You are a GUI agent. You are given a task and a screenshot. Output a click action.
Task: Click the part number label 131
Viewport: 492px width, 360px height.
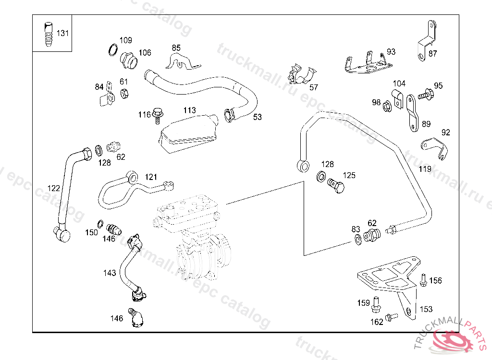[63, 34]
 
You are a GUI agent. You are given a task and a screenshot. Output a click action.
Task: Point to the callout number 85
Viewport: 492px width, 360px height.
[176, 48]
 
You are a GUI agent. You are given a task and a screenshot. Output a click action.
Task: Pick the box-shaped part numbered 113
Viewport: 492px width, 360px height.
[187, 133]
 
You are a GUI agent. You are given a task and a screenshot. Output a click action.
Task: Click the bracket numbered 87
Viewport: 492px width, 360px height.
[425, 42]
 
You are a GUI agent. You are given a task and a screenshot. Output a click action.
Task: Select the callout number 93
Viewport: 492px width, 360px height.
[391, 52]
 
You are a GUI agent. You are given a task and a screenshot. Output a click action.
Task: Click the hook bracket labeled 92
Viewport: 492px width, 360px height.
[434, 147]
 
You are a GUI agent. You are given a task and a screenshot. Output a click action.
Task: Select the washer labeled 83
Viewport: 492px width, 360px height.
[358, 239]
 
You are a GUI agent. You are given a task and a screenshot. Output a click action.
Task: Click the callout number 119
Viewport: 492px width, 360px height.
[425, 169]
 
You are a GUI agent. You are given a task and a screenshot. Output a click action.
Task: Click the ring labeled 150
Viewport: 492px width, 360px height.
[100, 224]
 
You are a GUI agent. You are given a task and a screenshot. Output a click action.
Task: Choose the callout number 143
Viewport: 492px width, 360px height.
[110, 273]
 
